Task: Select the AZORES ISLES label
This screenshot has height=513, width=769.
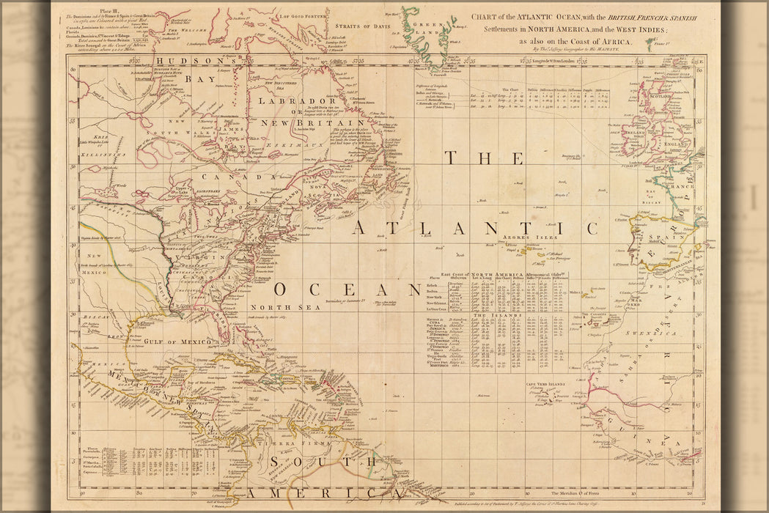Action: [x=529, y=237]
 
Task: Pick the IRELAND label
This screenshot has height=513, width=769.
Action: [x=636, y=132]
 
